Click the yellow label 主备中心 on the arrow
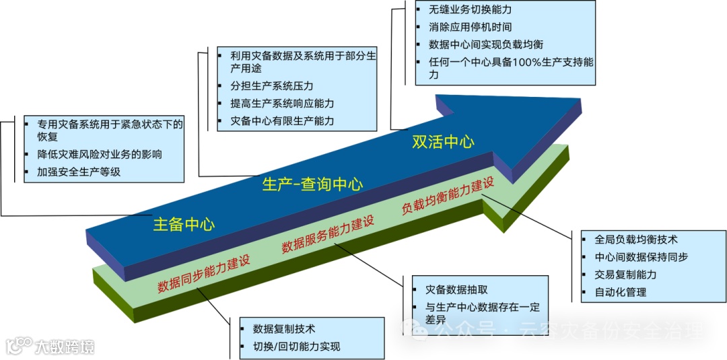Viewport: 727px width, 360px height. click(x=184, y=224)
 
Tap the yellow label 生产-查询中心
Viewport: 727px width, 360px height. click(x=312, y=184)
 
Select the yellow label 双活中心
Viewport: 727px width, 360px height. click(x=443, y=141)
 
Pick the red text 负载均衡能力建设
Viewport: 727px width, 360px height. click(x=448, y=196)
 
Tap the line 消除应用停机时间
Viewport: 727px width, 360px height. click(x=470, y=28)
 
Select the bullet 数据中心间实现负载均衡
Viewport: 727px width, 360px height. click(x=485, y=44)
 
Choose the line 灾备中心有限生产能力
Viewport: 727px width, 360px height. click(x=282, y=121)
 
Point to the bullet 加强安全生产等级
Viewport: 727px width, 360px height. click(x=79, y=172)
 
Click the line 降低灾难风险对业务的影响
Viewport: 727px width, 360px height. click(x=100, y=154)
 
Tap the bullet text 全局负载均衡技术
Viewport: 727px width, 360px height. click(x=636, y=239)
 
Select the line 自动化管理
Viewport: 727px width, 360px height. click(x=621, y=292)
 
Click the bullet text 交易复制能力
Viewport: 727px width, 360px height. click(x=625, y=275)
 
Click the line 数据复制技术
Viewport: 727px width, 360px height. click(x=284, y=329)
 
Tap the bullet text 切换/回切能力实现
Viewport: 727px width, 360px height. click(x=296, y=347)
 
